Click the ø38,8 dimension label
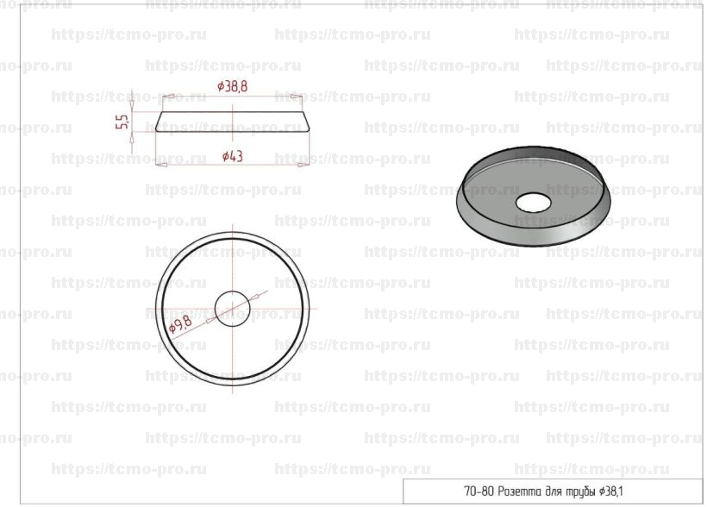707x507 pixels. [x=232, y=85]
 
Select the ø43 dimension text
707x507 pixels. [x=233, y=156]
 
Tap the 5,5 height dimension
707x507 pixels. [x=122, y=122]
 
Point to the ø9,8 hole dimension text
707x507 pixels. [x=180, y=324]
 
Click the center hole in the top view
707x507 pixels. [x=232, y=309]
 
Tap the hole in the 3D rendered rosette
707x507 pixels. [x=533, y=203]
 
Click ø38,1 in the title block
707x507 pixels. [x=611, y=491]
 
